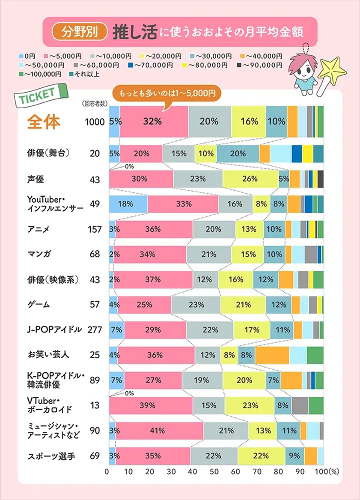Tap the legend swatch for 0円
click(21, 56)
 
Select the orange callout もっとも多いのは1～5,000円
click(166, 93)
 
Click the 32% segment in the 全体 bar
click(154, 121)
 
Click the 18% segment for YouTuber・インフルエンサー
click(128, 204)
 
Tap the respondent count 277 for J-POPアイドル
click(94, 330)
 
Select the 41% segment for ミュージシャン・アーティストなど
click(159, 430)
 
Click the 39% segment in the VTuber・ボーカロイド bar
click(150, 404)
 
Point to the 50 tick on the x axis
click(214, 471)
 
